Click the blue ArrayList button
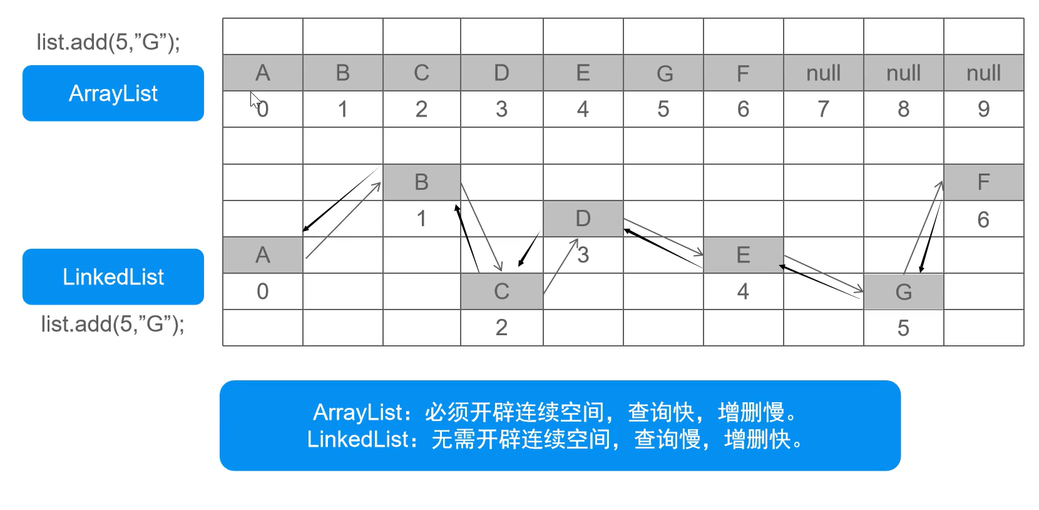click(113, 93)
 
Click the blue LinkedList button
click(113, 277)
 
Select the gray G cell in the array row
click(663, 73)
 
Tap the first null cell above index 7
click(823, 73)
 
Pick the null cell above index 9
click(983, 73)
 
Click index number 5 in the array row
click(663, 110)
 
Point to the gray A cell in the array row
click(263, 73)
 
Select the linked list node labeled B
click(421, 182)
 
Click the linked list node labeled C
click(501, 291)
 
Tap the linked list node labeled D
click(583, 219)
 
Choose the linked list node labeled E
click(743, 255)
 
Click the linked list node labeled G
click(903, 291)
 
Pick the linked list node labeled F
click(983, 182)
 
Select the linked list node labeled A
click(263, 255)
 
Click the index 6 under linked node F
click(983, 220)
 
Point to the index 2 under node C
click(501, 328)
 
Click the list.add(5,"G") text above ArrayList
click(108, 42)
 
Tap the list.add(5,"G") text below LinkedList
click(113, 324)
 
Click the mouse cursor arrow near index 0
click(255, 100)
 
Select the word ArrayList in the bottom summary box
click(357, 412)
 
